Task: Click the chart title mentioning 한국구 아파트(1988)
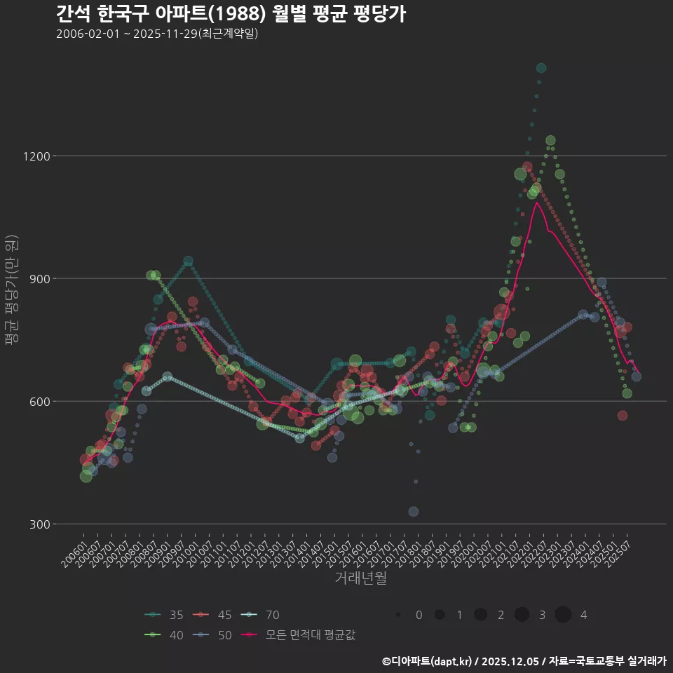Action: [x=231, y=13]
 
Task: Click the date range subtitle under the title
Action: [x=157, y=34]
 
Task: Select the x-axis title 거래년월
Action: [x=361, y=578]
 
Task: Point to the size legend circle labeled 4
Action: [x=563, y=615]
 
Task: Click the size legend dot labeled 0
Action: [x=398, y=615]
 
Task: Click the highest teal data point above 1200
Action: [x=541, y=68]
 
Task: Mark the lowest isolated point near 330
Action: [x=414, y=512]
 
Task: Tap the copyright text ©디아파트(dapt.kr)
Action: [x=428, y=661]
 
